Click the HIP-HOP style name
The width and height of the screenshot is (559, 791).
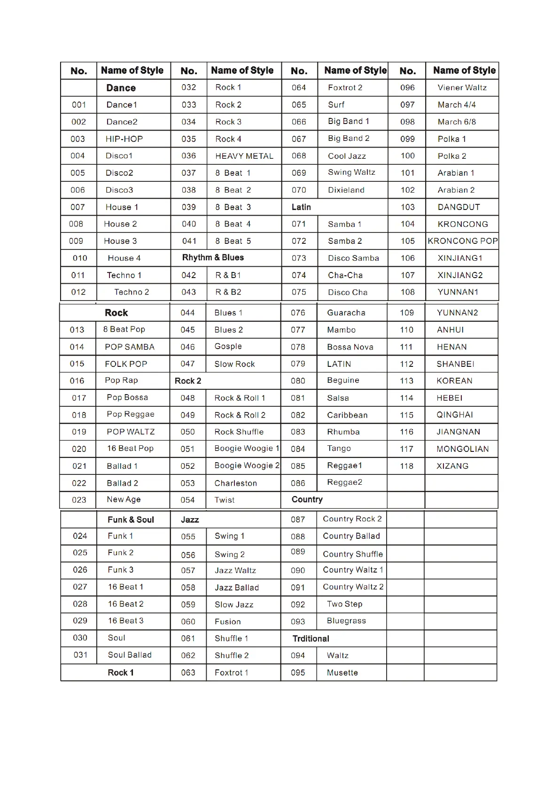click(124, 139)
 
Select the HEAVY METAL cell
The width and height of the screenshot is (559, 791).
click(244, 156)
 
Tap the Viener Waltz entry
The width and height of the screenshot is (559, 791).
click(462, 88)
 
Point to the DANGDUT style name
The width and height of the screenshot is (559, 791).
click(458, 207)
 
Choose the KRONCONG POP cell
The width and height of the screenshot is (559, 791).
click(462, 241)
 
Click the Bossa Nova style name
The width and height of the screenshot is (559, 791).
click(350, 347)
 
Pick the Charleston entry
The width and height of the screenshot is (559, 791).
click(235, 483)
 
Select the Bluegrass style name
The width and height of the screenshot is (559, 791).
click(346, 621)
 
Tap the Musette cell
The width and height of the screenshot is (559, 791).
click(342, 673)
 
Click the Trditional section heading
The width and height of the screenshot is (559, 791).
click(311, 639)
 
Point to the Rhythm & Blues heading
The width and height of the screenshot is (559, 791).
click(213, 257)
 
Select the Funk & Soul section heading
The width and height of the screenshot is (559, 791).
click(131, 520)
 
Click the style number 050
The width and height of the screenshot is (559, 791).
click(187, 432)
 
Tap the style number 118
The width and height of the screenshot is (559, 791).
click(406, 466)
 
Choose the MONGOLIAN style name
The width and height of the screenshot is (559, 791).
click(462, 449)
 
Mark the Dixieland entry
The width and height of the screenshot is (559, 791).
click(346, 190)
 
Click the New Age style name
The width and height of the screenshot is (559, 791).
click(124, 499)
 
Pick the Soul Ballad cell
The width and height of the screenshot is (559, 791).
click(130, 655)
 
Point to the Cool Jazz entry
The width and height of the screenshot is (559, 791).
click(347, 156)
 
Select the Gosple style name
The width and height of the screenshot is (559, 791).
click(228, 346)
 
